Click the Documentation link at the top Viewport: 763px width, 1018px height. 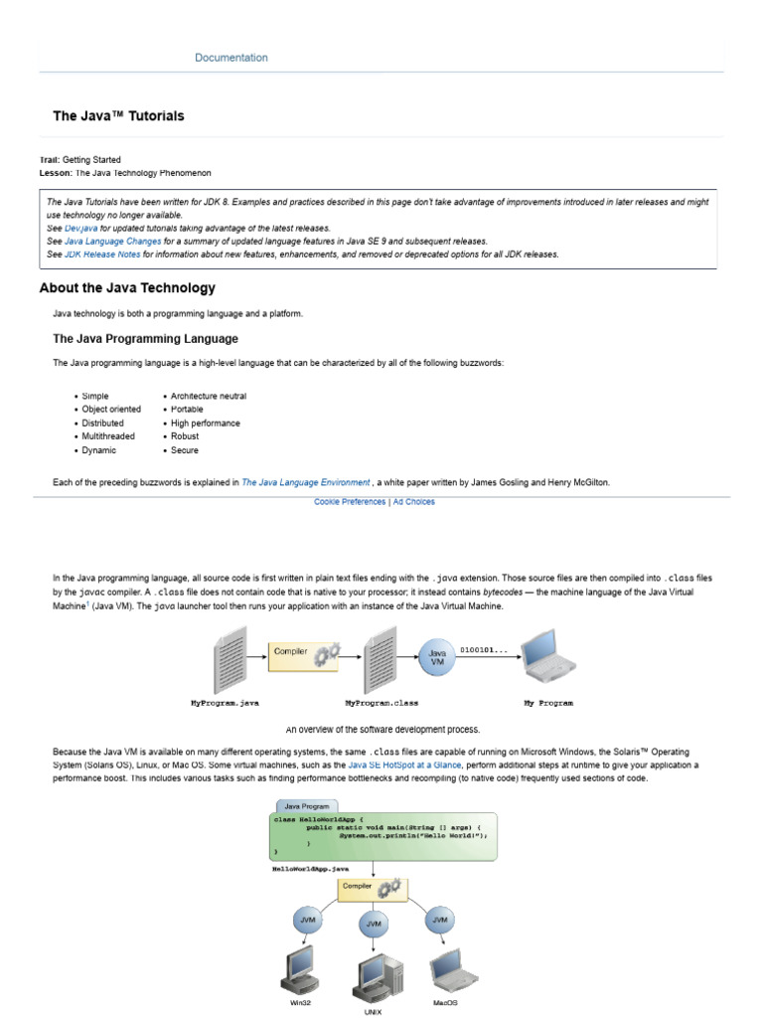pyautogui.click(x=231, y=58)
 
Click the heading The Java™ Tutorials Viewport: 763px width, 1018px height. pyautogui.click(x=118, y=116)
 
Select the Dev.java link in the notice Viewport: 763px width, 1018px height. pyautogui.click(x=80, y=228)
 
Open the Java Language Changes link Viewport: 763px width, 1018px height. pyautogui.click(x=111, y=241)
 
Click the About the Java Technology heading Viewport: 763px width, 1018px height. pyautogui.click(x=127, y=288)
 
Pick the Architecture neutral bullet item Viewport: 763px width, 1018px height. pyautogui.click(x=209, y=396)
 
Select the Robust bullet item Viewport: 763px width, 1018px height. pyautogui.click(x=185, y=436)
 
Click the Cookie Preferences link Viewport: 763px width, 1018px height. pyautogui.click(x=350, y=502)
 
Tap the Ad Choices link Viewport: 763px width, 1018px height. pyautogui.click(x=413, y=502)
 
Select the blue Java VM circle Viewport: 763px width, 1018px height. pyautogui.click(x=437, y=657)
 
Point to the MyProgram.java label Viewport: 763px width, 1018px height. pyautogui.click(x=225, y=703)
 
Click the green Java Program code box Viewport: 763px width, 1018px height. pyautogui.click(x=381, y=834)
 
